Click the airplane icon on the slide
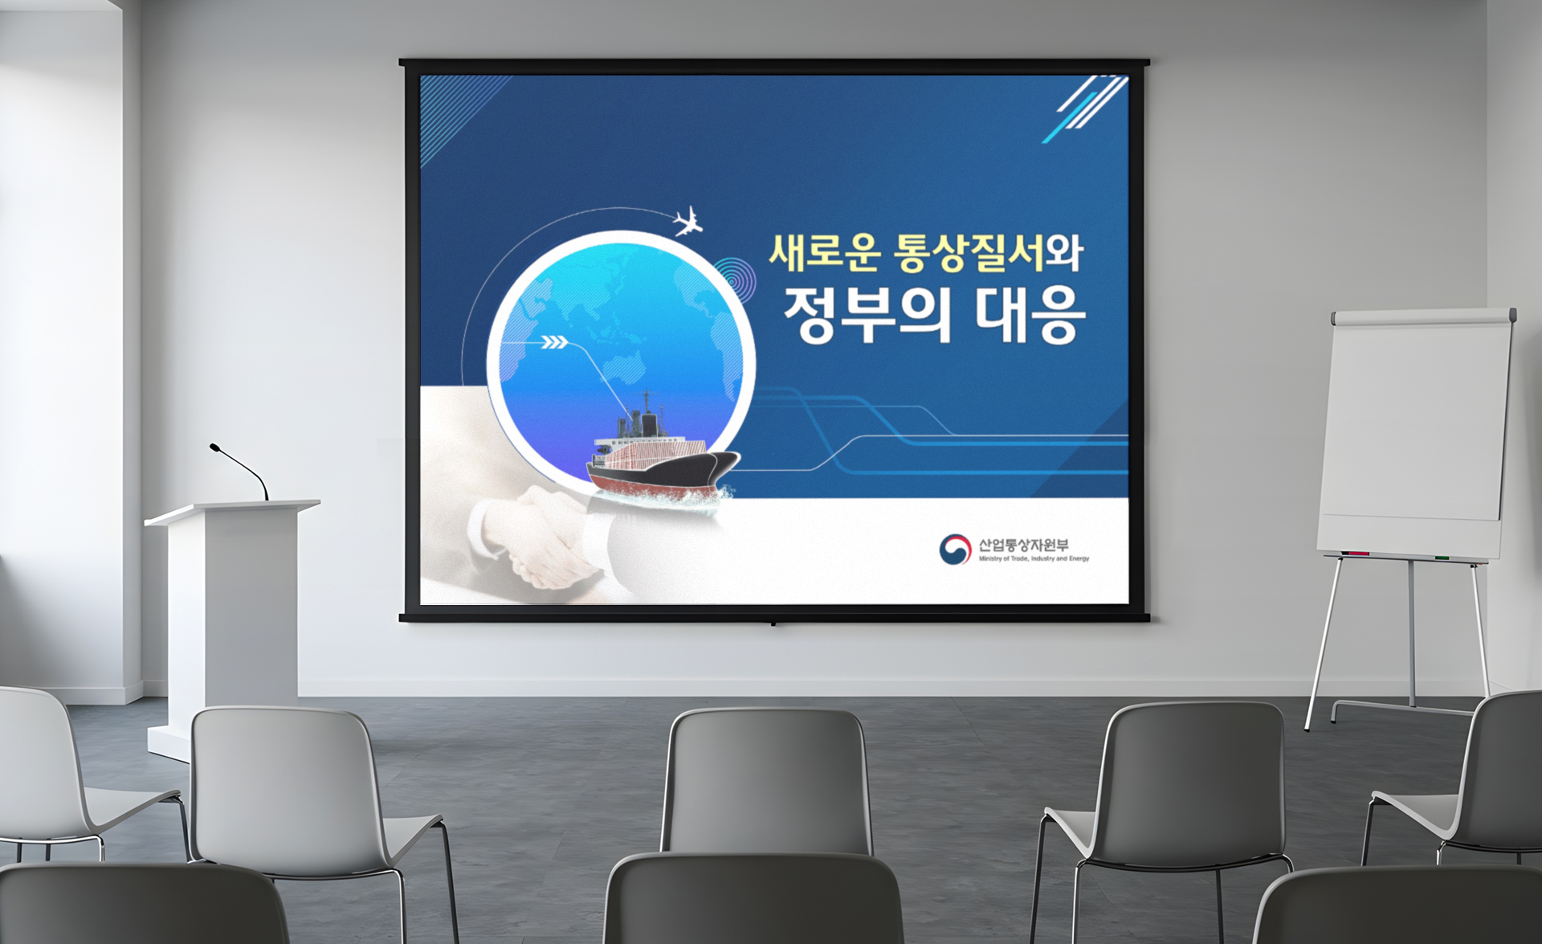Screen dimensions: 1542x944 [687, 222]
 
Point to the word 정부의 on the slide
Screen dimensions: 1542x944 [867, 315]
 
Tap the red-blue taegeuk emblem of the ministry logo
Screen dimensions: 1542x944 [955, 550]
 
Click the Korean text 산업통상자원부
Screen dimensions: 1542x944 [1023, 545]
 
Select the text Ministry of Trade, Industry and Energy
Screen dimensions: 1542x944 [1034, 558]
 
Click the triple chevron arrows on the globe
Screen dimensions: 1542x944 [555, 343]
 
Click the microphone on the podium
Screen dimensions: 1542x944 [239, 472]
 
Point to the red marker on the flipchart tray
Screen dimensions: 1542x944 [1356, 554]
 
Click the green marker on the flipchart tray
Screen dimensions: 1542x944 [1442, 557]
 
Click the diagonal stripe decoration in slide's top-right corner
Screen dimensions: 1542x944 [1085, 109]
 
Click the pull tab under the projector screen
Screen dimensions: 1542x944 [773, 623]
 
